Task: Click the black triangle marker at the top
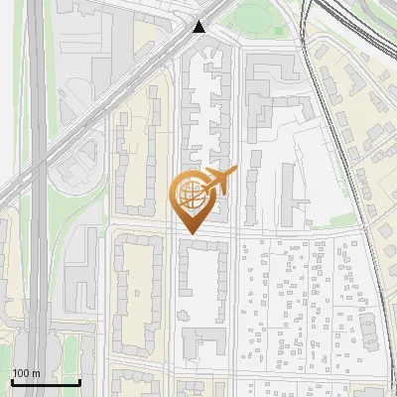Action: [x=201, y=27]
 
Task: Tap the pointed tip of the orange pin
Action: [x=189, y=234]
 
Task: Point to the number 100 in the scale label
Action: [x=21, y=373]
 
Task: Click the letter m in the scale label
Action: [x=36, y=373]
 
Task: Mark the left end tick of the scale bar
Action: [x=11, y=382]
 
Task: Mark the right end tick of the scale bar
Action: [x=79, y=382]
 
